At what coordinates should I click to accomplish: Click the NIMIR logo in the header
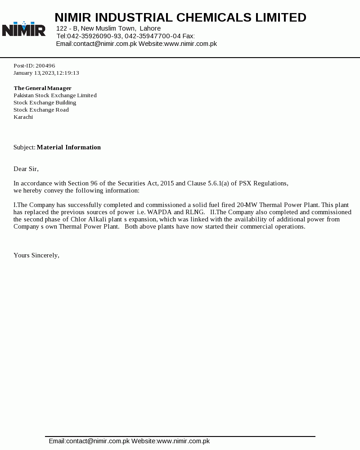(24, 29)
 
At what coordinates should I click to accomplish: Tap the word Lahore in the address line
(150, 28)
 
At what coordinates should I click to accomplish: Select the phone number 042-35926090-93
(94, 36)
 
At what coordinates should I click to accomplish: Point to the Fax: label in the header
(189, 36)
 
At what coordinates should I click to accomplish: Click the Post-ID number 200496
(45, 66)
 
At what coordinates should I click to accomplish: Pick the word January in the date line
(23, 73)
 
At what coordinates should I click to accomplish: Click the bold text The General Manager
(43, 88)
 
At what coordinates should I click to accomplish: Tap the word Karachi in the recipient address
(23, 117)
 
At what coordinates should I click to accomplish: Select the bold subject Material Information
(69, 147)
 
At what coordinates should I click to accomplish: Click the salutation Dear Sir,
(26, 169)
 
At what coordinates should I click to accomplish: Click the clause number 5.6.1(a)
(218, 183)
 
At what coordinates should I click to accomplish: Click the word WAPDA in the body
(160, 212)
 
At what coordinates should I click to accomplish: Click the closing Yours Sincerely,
(36, 255)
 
